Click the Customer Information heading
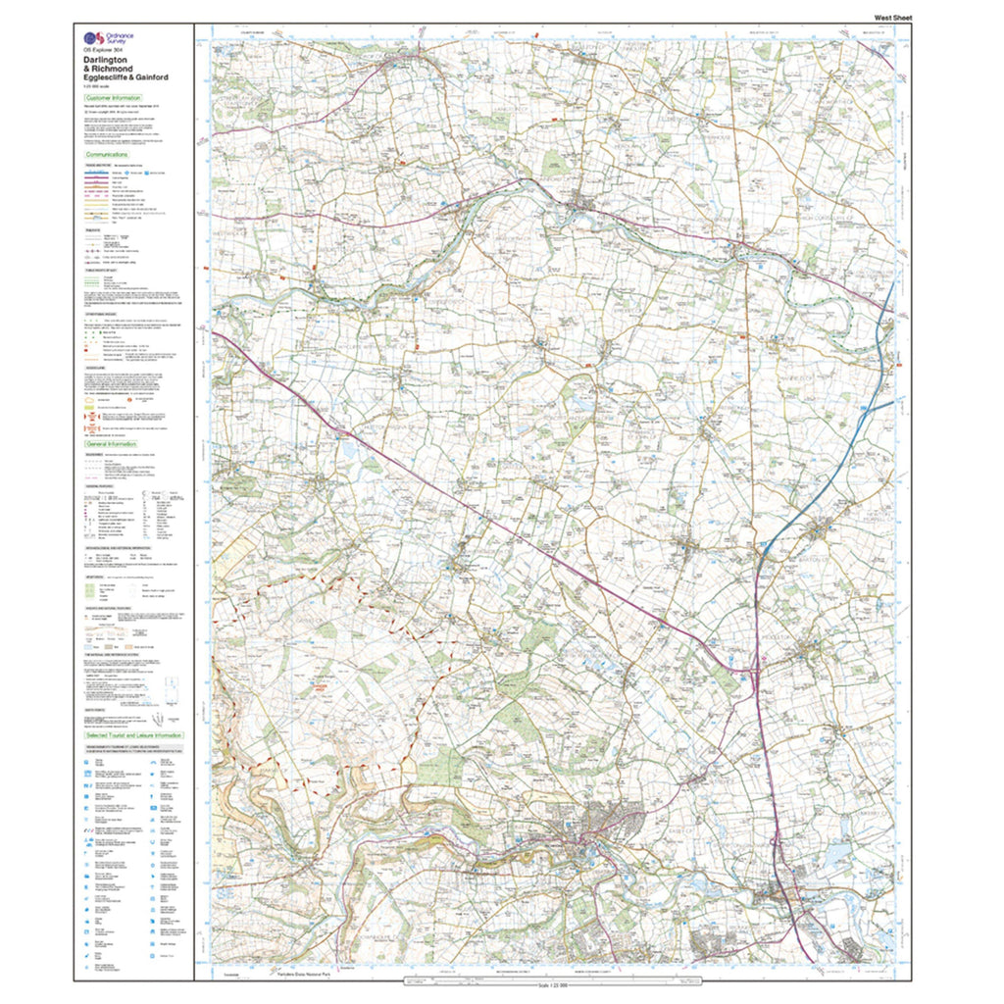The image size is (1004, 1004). tap(113, 99)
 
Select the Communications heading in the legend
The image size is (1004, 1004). tap(107, 155)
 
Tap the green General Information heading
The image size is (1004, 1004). tap(112, 443)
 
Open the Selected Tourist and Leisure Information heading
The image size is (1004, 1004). tap(133, 734)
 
